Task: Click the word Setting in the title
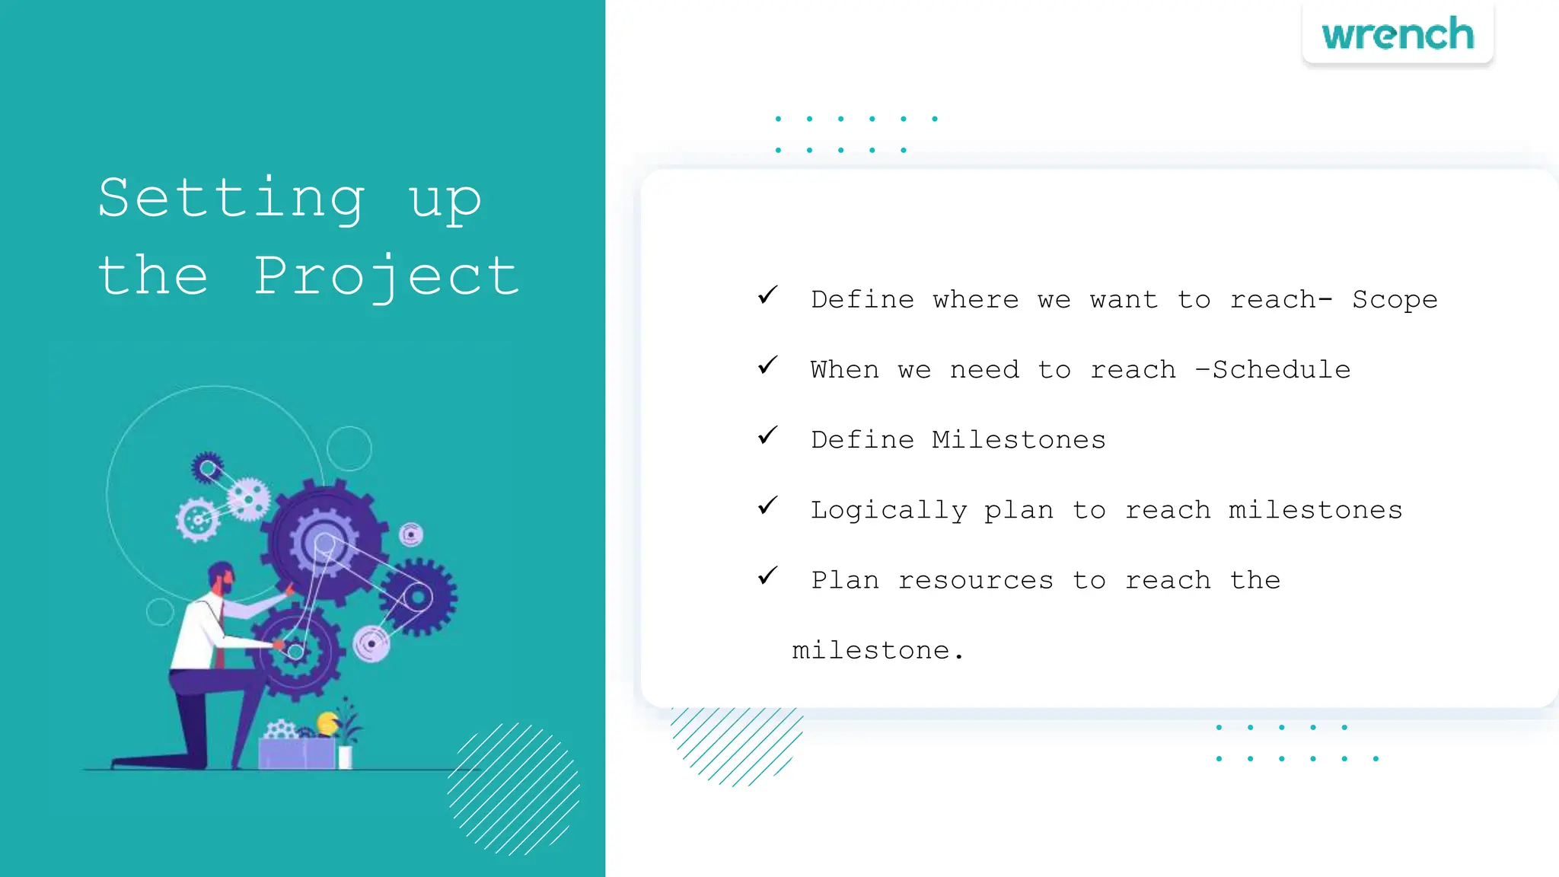(x=231, y=198)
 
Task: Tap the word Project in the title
(x=387, y=276)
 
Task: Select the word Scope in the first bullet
(x=1395, y=300)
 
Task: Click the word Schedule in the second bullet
(x=1281, y=370)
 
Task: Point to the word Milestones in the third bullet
(x=1019, y=440)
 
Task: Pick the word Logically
(x=888, y=510)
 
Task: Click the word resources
(x=976, y=580)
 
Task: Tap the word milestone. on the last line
(x=878, y=651)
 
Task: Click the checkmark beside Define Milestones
(x=767, y=435)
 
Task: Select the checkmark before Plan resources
(x=767, y=576)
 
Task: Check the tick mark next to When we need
(x=767, y=365)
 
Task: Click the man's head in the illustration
(x=221, y=579)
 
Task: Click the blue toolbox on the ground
(x=297, y=752)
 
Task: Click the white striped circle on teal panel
(x=514, y=788)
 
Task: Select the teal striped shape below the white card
(x=735, y=742)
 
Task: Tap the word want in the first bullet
(x=1124, y=300)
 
